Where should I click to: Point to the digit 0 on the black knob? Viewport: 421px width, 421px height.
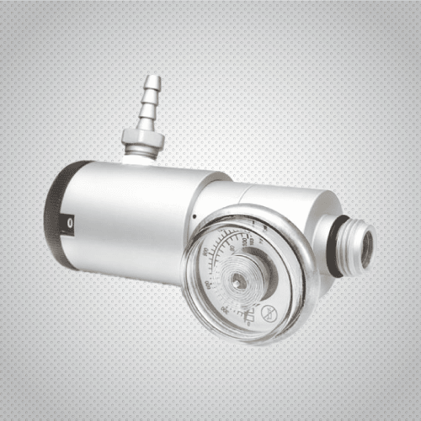[x=71, y=224]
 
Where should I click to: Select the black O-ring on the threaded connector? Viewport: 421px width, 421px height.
[x=334, y=245]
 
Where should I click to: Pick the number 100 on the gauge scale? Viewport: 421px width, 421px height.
[x=253, y=241]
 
